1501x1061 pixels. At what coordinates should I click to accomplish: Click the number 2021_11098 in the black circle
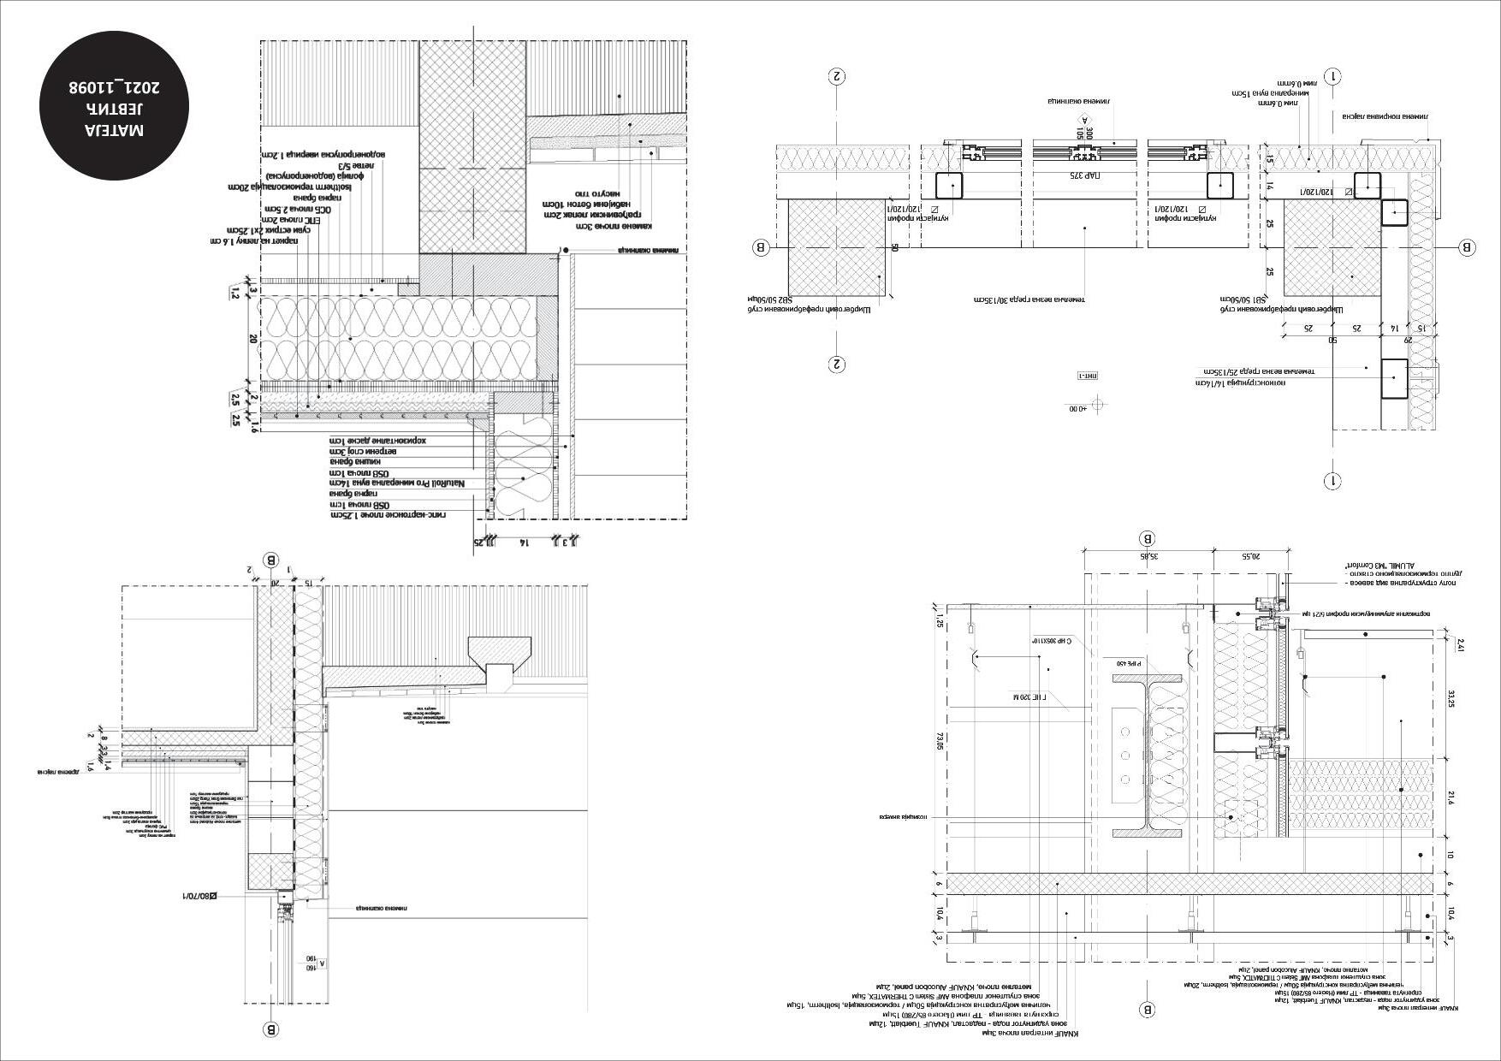[x=116, y=87]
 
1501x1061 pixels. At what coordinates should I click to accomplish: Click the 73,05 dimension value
[x=940, y=741]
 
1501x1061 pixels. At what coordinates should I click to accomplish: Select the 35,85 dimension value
[x=1148, y=556]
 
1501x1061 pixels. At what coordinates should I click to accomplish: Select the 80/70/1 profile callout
[x=199, y=896]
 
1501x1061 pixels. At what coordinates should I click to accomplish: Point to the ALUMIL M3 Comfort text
[x=1369, y=566]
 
